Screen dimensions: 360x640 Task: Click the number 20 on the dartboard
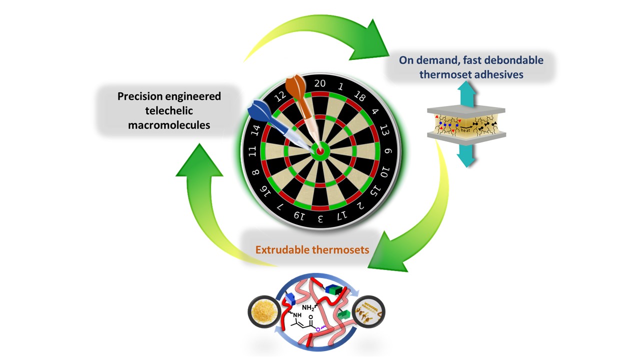click(320, 83)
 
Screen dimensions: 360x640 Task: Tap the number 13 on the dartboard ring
click(383, 131)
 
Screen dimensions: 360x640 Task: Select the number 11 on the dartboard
click(253, 151)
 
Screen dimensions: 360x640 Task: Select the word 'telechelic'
click(169, 110)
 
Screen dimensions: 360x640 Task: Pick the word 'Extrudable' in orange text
click(283, 249)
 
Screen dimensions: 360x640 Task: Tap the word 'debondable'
click(512, 60)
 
